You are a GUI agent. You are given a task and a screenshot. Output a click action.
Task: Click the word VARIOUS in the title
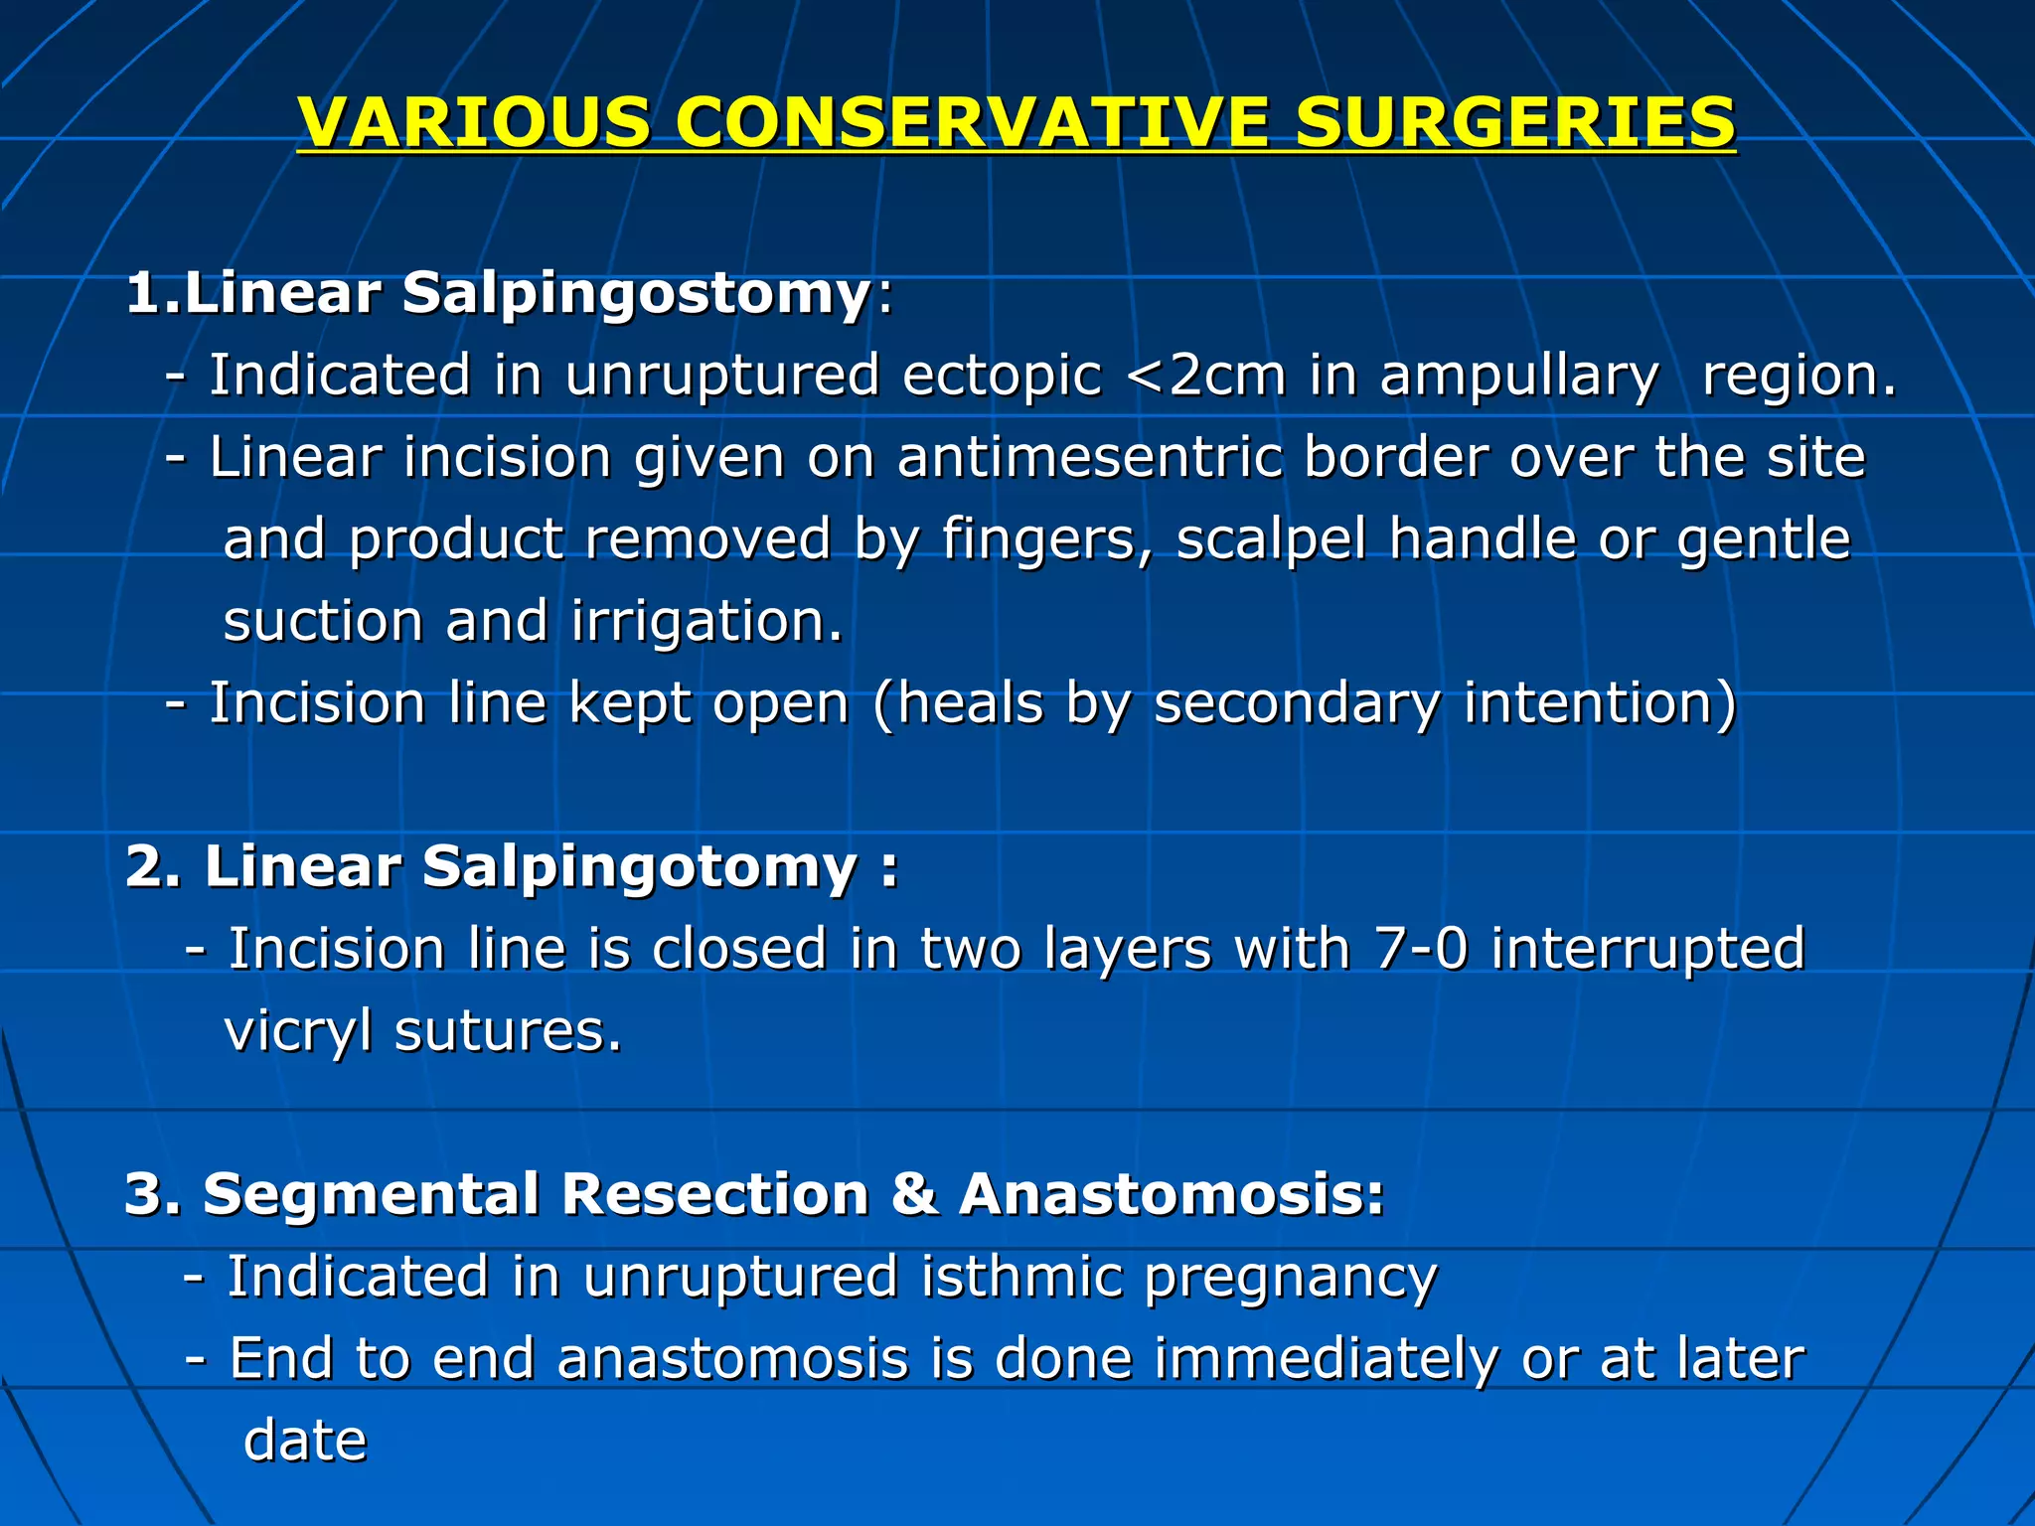(x=474, y=122)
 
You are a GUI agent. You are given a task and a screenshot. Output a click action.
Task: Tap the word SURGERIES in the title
(x=1514, y=122)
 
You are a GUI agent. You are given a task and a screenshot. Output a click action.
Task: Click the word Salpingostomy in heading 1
(x=636, y=294)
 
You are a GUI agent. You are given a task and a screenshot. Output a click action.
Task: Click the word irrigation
(x=706, y=622)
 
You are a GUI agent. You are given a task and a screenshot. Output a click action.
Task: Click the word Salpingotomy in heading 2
(x=639, y=867)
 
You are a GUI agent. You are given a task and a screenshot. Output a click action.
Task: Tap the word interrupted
(x=1647, y=948)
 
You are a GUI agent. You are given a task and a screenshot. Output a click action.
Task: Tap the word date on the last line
(x=305, y=1441)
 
